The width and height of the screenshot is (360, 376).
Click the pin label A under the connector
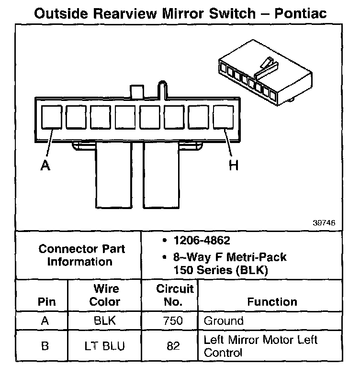pos(45,166)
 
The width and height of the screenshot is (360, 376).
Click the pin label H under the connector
pos(233,166)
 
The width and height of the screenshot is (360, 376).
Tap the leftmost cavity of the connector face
pos(51,118)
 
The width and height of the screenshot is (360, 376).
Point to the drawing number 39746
pos(324,222)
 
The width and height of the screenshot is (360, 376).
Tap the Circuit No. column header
pos(175,295)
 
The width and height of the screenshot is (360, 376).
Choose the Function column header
pos(272,302)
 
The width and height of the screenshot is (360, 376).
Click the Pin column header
pos(46,302)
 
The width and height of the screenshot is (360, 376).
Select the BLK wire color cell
pos(105,321)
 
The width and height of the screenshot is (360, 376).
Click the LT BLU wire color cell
pos(105,346)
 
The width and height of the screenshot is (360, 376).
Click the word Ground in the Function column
pos(224,321)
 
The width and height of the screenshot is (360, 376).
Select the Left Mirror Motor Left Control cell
pos(261,346)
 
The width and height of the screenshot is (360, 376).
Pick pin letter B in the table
pos(45,346)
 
